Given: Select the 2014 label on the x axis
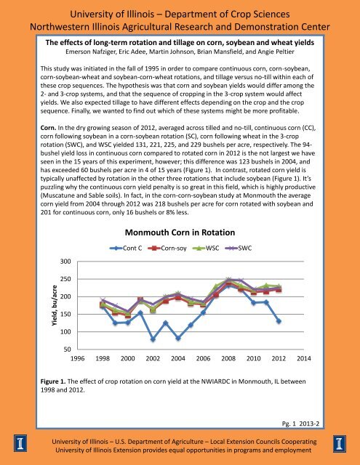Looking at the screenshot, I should point(304,359).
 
